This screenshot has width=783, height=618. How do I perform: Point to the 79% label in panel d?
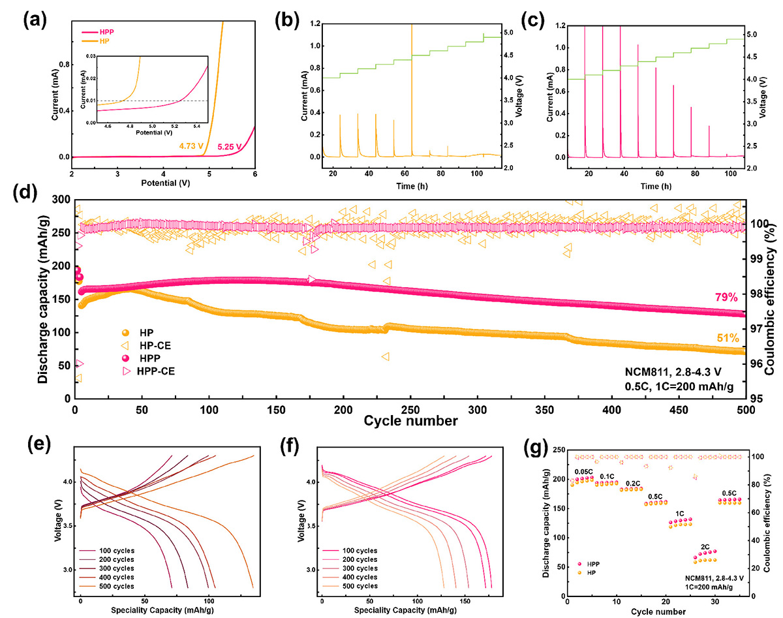727,298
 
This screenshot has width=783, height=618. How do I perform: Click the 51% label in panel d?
727,338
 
